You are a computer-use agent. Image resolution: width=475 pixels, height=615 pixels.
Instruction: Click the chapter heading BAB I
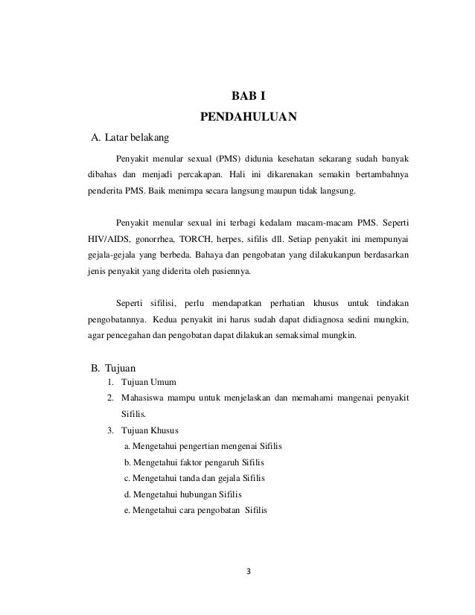click(x=249, y=96)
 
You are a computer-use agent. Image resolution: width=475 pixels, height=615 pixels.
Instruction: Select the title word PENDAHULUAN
click(x=249, y=118)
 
